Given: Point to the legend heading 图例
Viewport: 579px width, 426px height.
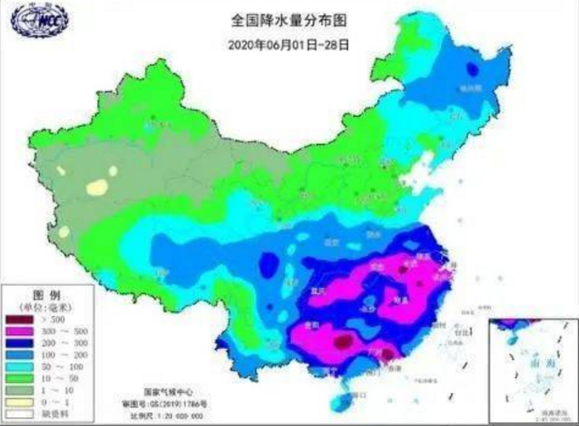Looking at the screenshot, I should click(x=43, y=294).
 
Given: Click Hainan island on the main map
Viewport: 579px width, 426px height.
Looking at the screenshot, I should click(x=338, y=400).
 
